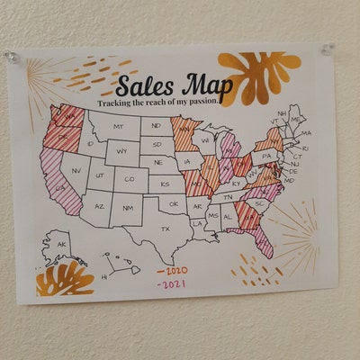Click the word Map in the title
pyautogui.click(x=208, y=84)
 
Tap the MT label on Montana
pyautogui.click(x=120, y=127)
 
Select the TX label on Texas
pyautogui.click(x=165, y=229)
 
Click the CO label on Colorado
pyautogui.click(x=130, y=179)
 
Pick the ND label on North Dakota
pyautogui.click(x=157, y=126)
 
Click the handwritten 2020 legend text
pyautogui.click(x=171, y=269)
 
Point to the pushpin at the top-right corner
pyautogui.click(x=327, y=48)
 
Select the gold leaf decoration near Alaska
pyautogui.click(x=65, y=278)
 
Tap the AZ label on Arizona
pyautogui.click(x=99, y=206)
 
